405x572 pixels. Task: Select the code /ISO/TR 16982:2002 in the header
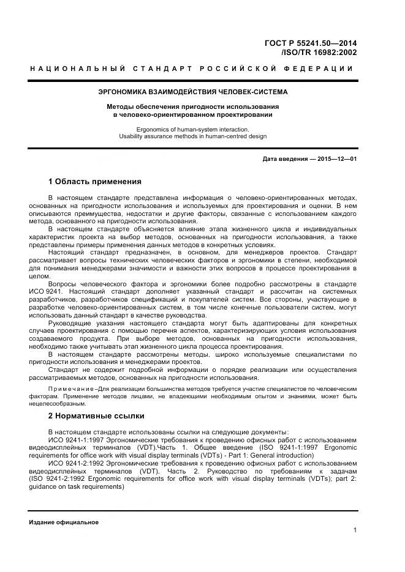[x=319, y=53]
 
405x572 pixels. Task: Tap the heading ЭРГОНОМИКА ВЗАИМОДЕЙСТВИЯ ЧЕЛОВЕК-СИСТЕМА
[x=193, y=92]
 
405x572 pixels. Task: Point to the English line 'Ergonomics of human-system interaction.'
[x=193, y=129]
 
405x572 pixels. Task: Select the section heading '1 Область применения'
[x=95, y=182]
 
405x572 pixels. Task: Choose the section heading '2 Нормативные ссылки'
[x=96, y=416]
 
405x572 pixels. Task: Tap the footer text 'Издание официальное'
[x=64, y=522]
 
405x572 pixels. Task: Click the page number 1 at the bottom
[x=355, y=530]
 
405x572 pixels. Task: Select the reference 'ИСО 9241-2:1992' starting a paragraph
[x=75, y=464]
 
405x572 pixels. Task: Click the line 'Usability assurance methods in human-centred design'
[x=193, y=136]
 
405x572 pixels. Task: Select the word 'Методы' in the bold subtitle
[x=119, y=106]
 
